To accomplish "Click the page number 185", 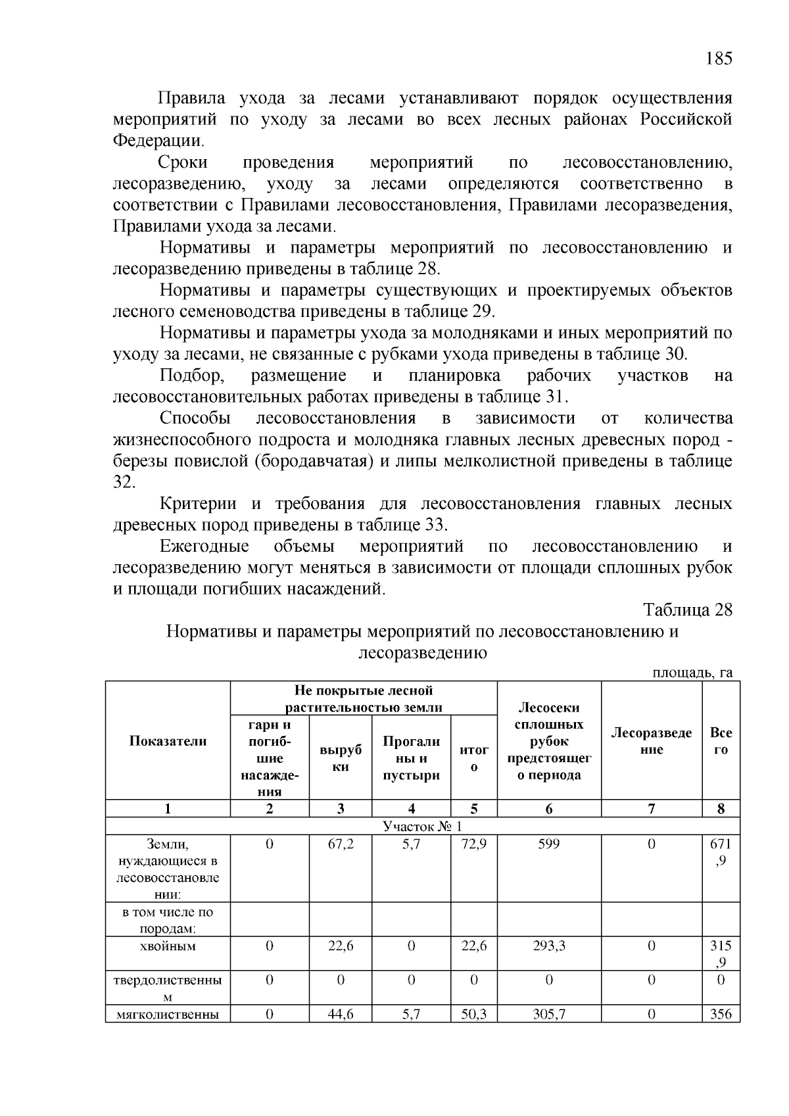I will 718,59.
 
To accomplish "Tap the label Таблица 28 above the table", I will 687,609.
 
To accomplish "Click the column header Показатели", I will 168,740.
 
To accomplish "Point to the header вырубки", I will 340,758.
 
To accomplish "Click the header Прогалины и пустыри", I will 411,758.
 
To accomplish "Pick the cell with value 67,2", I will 340,844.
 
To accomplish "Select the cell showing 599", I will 549,844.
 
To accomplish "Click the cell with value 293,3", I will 549,946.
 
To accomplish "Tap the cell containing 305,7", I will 549,1014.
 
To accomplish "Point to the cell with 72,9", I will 473,844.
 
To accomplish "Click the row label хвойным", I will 168,946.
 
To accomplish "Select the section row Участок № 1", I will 422,827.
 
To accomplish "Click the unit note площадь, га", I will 692,672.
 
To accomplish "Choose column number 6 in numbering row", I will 549,809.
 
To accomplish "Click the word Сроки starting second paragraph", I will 183,162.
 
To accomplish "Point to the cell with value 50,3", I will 473,1014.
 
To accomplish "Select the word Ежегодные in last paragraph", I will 204,546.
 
